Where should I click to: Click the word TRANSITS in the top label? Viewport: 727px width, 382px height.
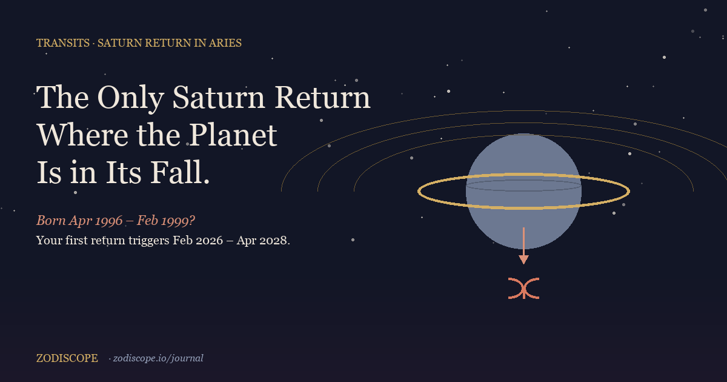click(63, 43)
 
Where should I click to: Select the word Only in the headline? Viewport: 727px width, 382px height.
click(130, 98)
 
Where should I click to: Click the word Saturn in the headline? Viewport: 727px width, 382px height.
click(219, 97)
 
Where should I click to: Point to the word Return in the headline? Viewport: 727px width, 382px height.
click(322, 97)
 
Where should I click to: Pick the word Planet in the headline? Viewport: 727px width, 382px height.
click(233, 135)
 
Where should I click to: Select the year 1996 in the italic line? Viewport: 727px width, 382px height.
click(109, 220)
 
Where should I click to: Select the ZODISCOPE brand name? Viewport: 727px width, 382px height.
click(67, 358)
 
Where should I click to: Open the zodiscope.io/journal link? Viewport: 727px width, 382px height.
click(158, 358)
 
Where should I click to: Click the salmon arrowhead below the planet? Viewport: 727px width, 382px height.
click(523, 260)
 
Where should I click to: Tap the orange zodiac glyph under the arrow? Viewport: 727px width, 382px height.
click(524, 289)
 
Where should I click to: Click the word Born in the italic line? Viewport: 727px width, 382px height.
click(51, 220)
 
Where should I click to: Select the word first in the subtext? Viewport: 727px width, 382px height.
click(76, 240)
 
